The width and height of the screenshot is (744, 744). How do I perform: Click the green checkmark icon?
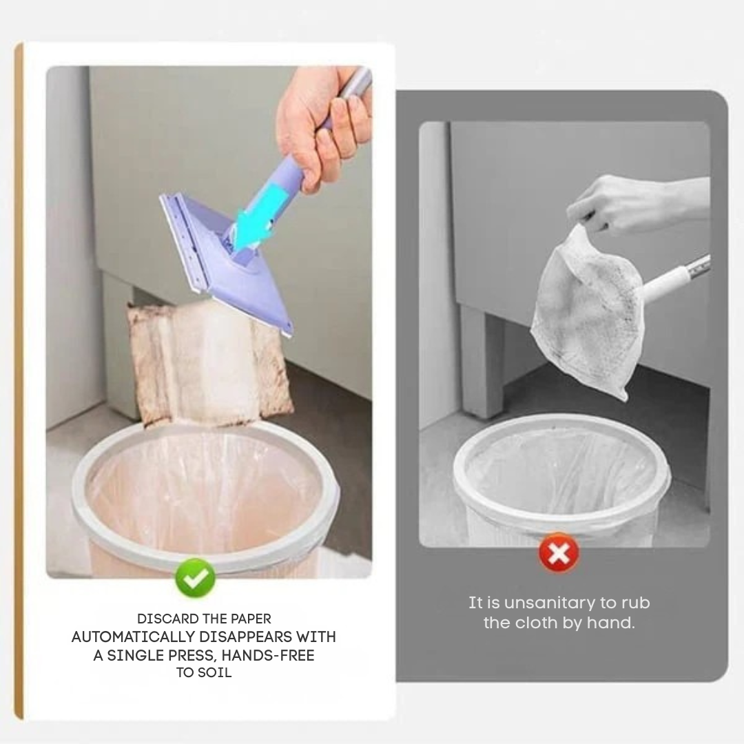(195, 578)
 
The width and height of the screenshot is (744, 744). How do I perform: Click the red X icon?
(559, 552)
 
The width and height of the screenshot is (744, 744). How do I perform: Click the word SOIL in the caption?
(215, 672)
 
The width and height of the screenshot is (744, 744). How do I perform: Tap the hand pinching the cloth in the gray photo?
(620, 203)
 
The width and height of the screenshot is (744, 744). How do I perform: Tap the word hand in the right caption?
(611, 623)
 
